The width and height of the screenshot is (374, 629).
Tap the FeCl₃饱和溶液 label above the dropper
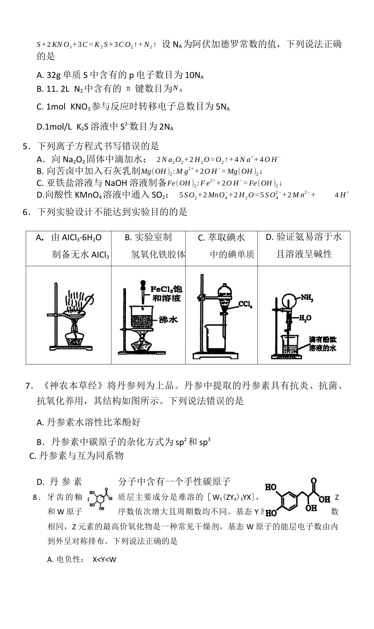(x=167, y=294)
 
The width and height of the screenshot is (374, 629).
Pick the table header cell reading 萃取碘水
(x=221, y=245)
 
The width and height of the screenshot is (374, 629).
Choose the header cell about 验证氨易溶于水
(x=304, y=245)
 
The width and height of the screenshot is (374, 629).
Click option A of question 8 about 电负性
(x=81, y=559)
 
